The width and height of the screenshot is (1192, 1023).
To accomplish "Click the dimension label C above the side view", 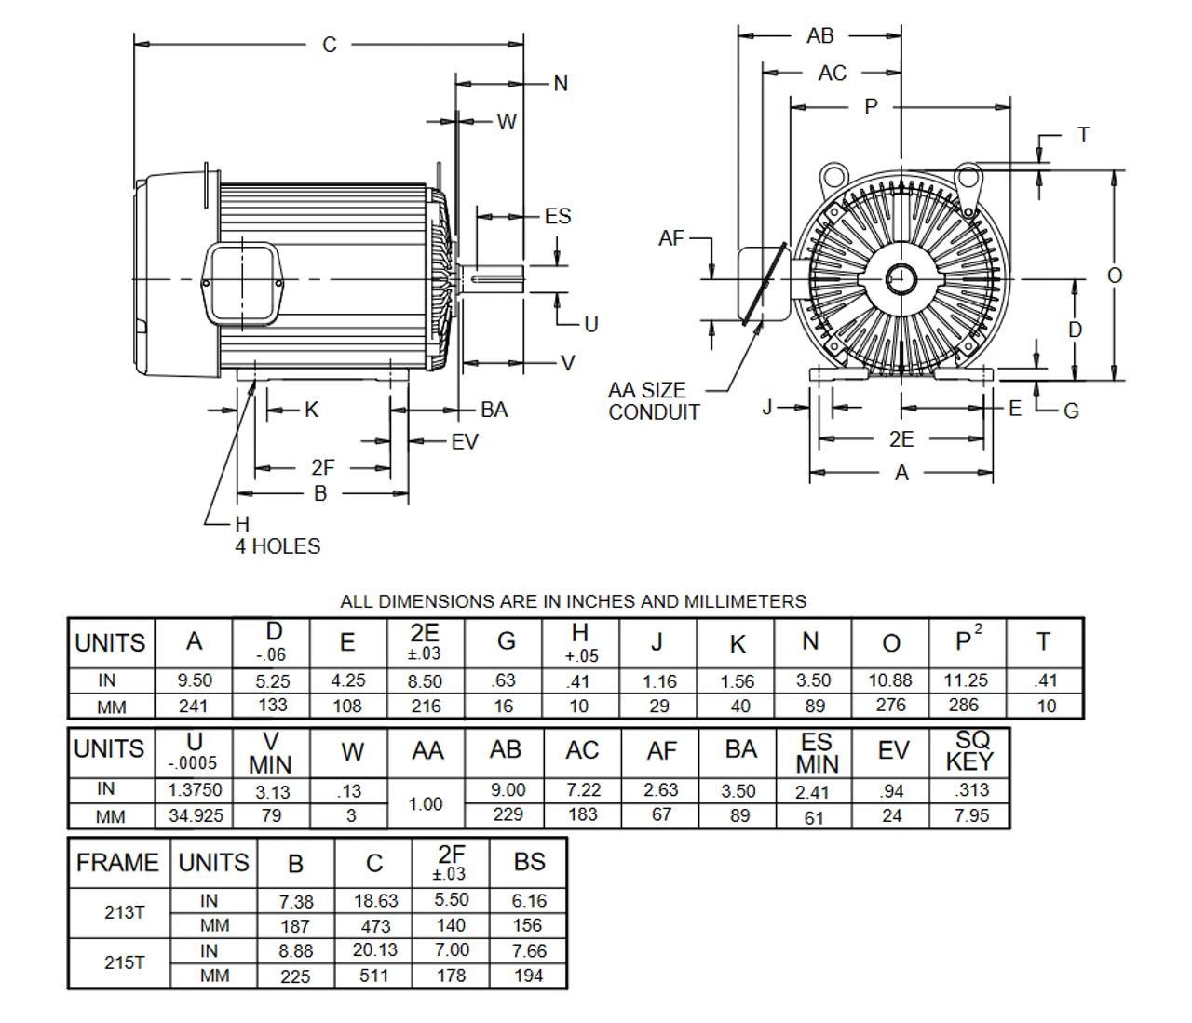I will tap(329, 45).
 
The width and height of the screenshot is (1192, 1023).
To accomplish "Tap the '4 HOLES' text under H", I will tap(278, 546).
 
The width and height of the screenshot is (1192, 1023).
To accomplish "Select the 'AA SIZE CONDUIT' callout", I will tap(653, 401).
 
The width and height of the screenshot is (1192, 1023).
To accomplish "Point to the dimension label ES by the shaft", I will tap(557, 217).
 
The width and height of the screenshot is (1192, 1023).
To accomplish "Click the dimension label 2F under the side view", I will tap(322, 468).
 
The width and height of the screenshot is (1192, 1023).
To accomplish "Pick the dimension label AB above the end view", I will tap(819, 36).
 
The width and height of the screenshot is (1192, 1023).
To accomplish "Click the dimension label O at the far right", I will tap(1114, 276).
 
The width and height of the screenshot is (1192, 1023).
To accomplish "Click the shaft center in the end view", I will tap(900, 278).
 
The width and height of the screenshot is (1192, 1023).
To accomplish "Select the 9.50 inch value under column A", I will tap(194, 680).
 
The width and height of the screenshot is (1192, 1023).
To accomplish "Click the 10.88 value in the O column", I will tap(890, 680).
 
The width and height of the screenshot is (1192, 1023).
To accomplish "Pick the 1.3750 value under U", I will tap(195, 789).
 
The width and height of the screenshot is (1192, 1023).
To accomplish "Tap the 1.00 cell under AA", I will tap(426, 803).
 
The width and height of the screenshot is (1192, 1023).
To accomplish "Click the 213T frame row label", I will tap(124, 912).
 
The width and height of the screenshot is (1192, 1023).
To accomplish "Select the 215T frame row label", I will tap(124, 962).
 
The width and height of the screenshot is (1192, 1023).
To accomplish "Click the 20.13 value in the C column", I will tap(374, 950).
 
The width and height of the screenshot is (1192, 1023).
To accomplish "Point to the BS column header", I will tap(529, 862).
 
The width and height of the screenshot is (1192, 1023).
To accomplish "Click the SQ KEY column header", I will tap(968, 750).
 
